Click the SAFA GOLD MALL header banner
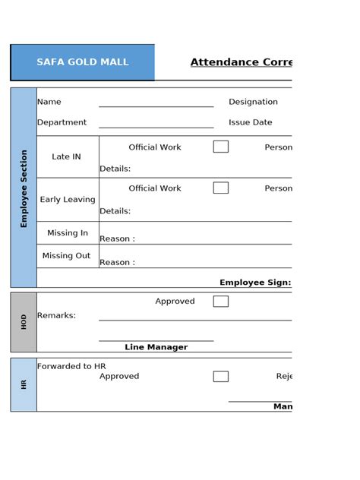(83, 62)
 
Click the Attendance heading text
(241, 62)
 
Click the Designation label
(253, 102)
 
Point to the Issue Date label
(250, 122)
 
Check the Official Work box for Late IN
(221, 147)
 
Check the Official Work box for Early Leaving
(221, 188)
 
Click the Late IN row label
(66, 156)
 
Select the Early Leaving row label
(68, 200)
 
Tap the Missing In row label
(68, 233)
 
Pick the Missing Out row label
(66, 256)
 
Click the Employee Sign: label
(255, 283)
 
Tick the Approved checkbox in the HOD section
(221, 302)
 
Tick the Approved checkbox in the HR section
(221, 376)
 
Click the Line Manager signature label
(156, 347)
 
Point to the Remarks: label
(56, 315)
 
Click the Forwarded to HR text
(71, 366)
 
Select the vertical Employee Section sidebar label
(24, 188)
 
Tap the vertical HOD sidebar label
(24, 321)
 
